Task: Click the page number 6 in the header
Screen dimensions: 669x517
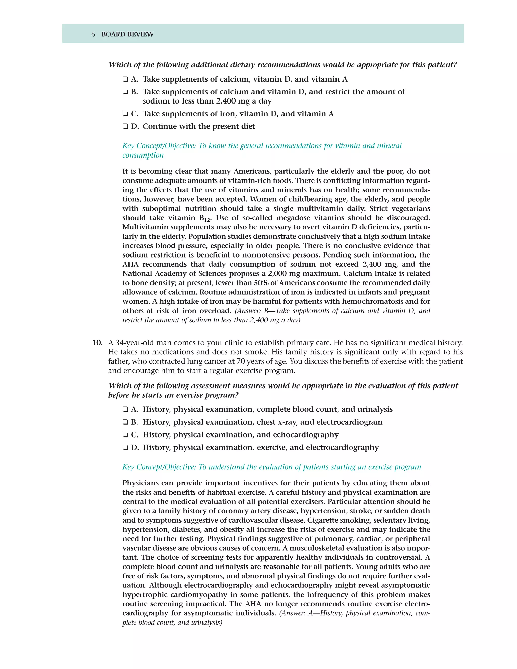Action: point(93,34)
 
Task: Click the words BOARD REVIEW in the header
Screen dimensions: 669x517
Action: point(127,34)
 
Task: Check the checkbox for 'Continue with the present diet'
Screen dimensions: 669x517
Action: point(125,126)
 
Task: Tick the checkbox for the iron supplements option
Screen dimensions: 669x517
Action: point(125,114)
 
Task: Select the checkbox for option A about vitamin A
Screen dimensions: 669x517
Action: point(125,79)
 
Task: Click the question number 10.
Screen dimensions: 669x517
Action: point(97,343)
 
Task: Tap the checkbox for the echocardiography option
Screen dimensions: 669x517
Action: point(125,435)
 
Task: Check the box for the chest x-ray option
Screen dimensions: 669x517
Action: point(125,422)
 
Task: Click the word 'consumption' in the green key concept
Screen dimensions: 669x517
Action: point(143,155)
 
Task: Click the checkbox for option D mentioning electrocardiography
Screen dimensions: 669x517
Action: point(125,448)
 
